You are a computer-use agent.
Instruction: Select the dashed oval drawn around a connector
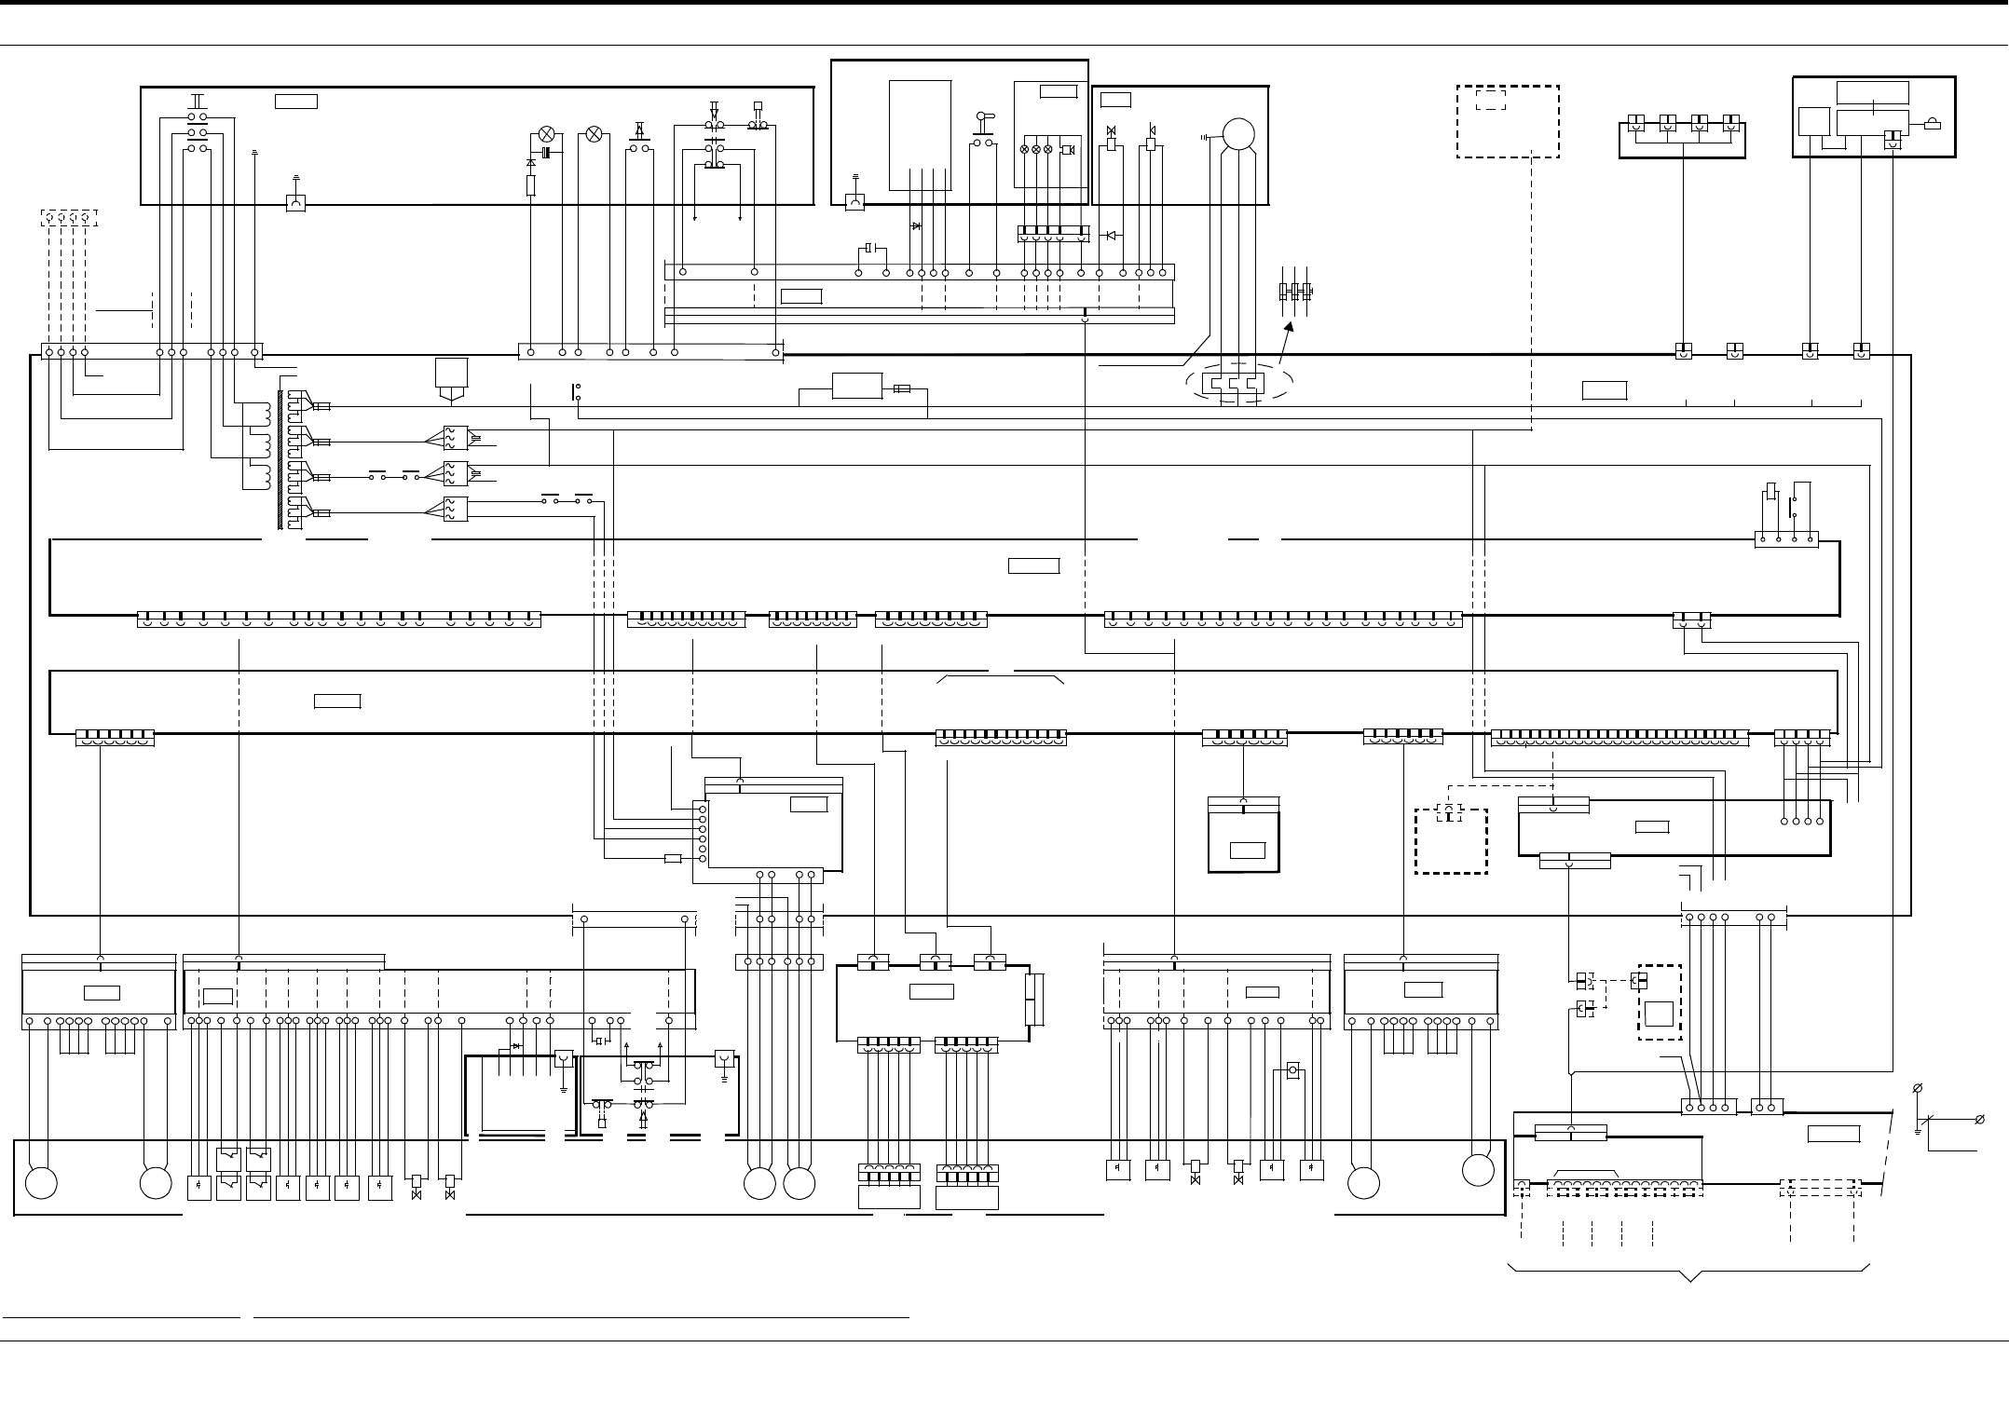tap(1238, 384)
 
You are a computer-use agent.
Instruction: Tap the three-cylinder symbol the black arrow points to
tap(1295, 291)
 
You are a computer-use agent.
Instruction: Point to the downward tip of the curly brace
tap(1690, 1280)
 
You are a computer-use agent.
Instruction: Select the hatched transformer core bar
tap(280, 459)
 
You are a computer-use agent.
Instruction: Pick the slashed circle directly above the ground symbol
tap(1918, 1088)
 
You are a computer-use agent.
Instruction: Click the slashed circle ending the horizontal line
tap(1979, 1119)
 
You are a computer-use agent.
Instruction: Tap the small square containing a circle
tap(1292, 1071)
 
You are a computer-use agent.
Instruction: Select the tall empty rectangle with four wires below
tap(920, 134)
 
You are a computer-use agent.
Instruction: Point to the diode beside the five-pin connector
tap(1110, 236)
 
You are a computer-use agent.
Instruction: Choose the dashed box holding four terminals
tap(68, 218)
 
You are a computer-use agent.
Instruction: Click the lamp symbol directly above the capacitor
tap(547, 134)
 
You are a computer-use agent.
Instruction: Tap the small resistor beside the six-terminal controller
tap(673, 858)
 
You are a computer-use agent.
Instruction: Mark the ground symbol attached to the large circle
tap(1207, 137)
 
